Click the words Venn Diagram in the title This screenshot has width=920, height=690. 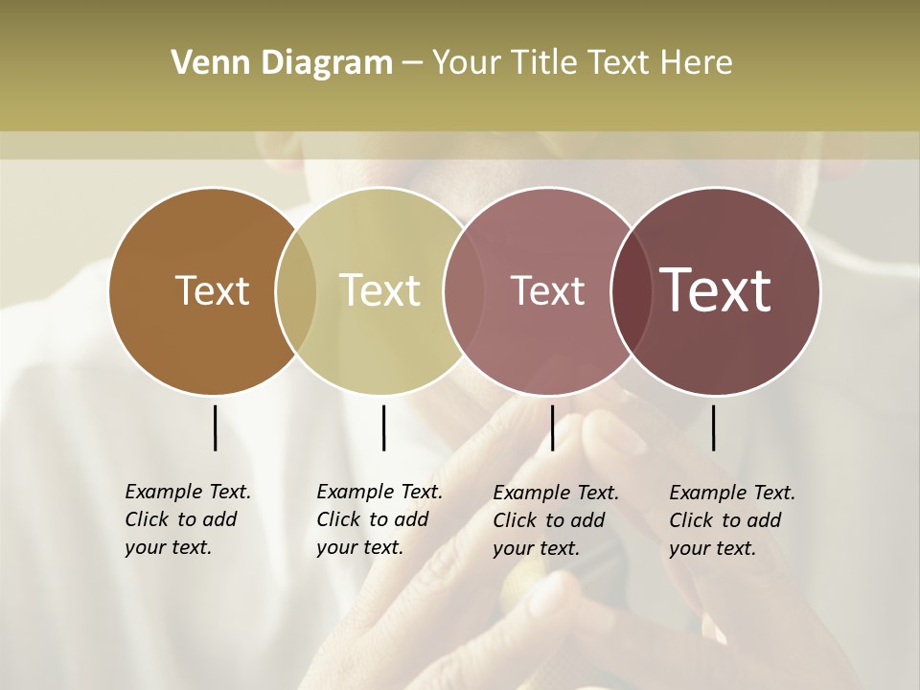282,63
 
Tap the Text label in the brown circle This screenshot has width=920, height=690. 212,290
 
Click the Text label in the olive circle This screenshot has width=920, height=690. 380,290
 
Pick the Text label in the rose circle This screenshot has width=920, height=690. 547,290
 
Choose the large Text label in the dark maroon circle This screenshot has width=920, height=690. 716,290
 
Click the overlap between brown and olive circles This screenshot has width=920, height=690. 296,291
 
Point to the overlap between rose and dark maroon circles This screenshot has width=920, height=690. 632,291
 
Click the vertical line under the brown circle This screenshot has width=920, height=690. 215,427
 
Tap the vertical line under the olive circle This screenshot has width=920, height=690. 383,427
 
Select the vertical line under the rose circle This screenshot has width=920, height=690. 552,427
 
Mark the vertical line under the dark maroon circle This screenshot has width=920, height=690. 713,427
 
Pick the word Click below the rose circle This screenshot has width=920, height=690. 515,520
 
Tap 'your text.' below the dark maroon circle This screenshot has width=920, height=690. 712,548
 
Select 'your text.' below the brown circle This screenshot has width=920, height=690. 168,547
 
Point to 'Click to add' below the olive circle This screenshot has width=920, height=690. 372,519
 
